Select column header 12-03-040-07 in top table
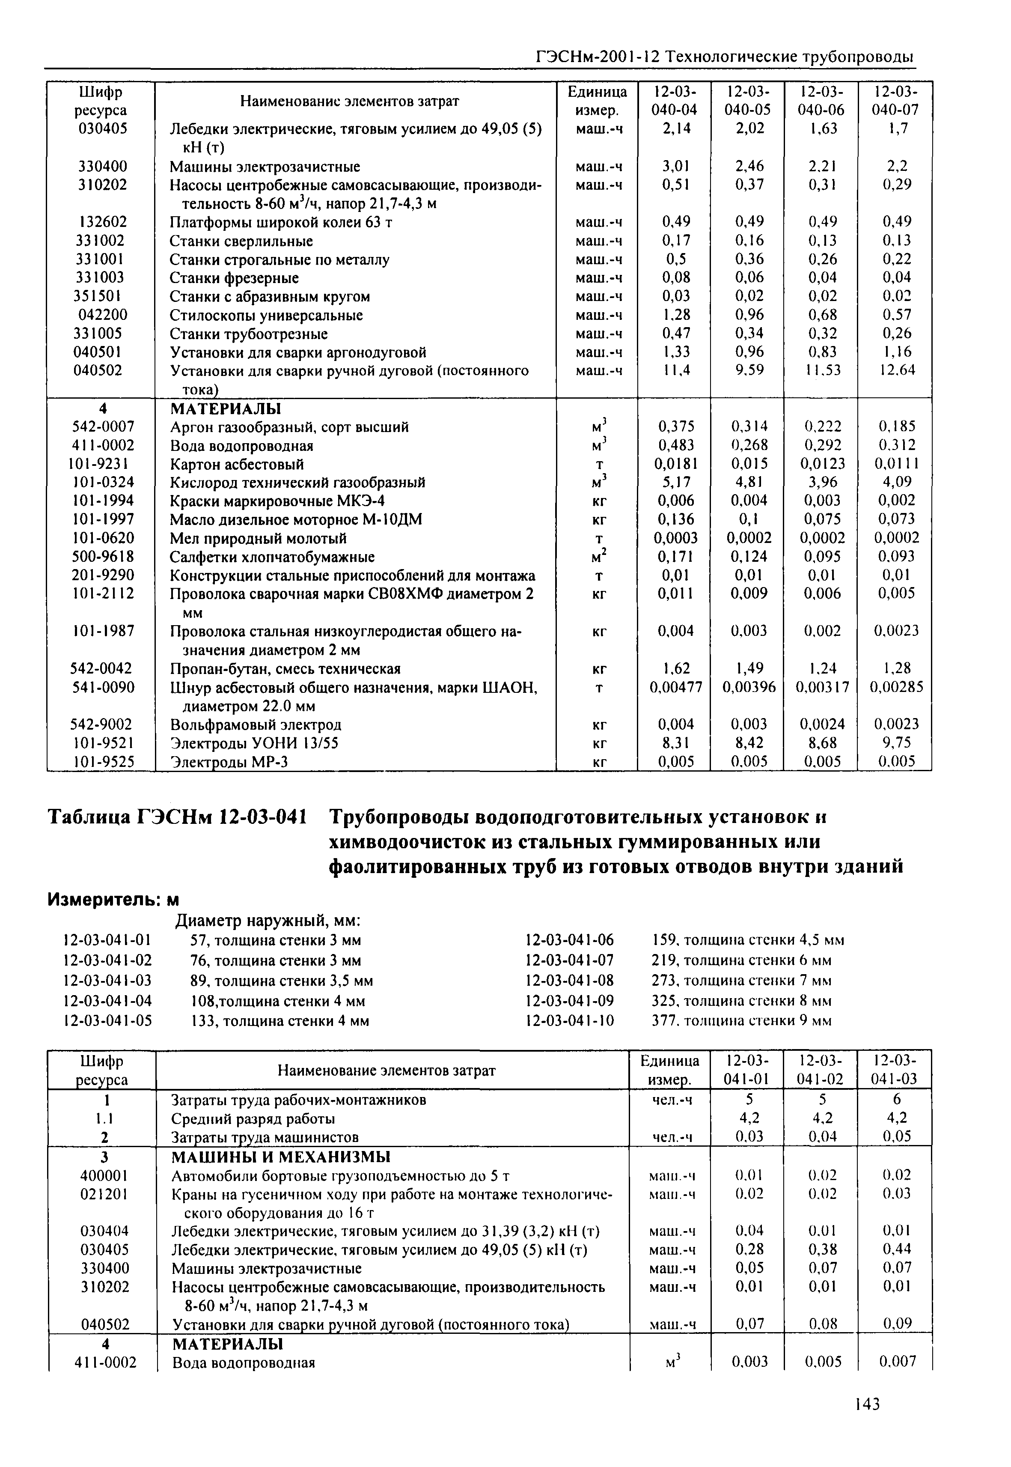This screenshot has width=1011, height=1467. pos(895,101)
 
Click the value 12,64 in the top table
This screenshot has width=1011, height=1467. pos(897,370)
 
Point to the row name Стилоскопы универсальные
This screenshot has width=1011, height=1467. pos(266,316)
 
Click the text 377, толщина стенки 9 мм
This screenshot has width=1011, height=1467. pos(741,1021)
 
